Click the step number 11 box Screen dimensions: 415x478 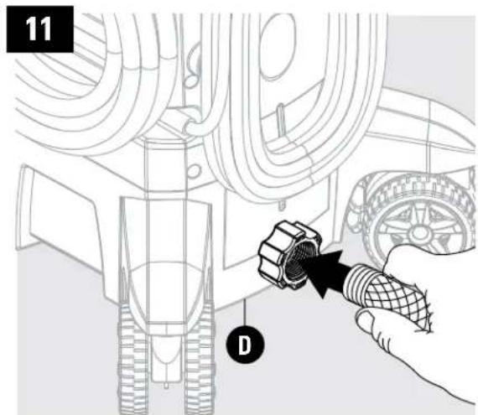click(x=36, y=32)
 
